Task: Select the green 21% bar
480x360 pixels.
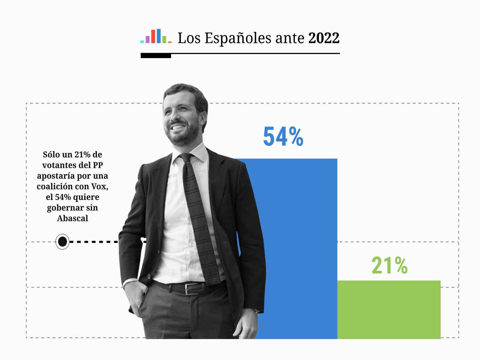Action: (389, 309)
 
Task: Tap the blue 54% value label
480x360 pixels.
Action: (283, 137)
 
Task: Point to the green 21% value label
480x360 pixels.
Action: (389, 265)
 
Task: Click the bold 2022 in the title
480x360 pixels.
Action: (324, 38)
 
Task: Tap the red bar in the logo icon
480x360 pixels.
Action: (153, 36)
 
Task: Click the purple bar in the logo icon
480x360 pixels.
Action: (147, 39)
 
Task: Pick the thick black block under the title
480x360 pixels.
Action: (156, 56)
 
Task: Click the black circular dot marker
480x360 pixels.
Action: (62, 241)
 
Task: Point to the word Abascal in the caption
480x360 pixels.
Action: (73, 218)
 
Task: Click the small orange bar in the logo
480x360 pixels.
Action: (170, 42)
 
